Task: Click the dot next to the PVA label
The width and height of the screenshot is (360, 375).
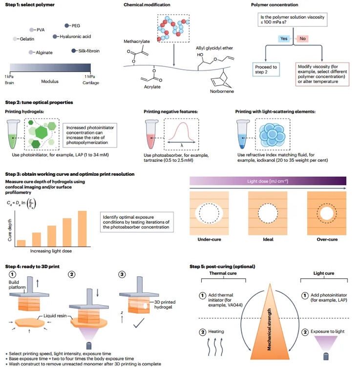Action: [x=32, y=30]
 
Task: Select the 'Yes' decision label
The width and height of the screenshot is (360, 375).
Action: [x=284, y=38]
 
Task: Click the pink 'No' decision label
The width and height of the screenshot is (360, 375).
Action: [x=302, y=38]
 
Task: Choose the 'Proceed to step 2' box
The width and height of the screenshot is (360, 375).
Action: [x=266, y=70]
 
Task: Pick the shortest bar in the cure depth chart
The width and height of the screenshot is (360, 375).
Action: [x=21, y=243]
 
